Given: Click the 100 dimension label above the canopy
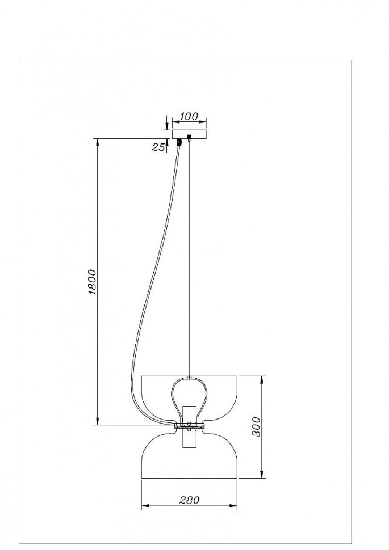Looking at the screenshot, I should coord(189,117).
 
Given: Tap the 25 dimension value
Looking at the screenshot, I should coord(159,147).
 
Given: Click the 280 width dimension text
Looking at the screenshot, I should coord(190,500).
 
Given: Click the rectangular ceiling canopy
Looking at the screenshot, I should coord(189,134).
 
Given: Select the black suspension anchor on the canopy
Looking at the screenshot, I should coord(190,138).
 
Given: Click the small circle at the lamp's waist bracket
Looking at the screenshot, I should coord(190,424).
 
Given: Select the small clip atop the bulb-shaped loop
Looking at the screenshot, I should coord(190,377).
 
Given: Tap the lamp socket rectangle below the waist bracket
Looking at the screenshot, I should coord(189,439).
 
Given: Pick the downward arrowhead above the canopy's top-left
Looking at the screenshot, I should coord(166,127).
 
